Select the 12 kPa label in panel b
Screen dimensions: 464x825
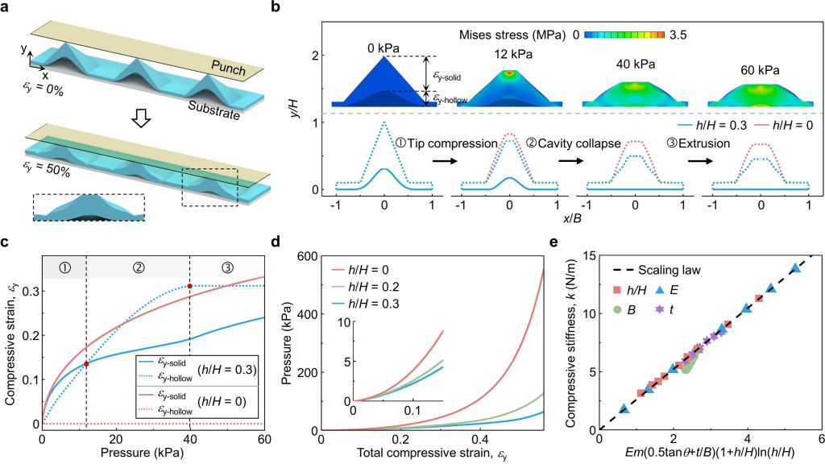[509, 53]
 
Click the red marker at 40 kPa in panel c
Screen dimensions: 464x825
[189, 286]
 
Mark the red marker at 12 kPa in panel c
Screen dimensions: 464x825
[86, 364]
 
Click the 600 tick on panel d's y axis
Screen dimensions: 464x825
[306, 257]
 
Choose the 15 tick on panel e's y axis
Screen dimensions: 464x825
[587, 257]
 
